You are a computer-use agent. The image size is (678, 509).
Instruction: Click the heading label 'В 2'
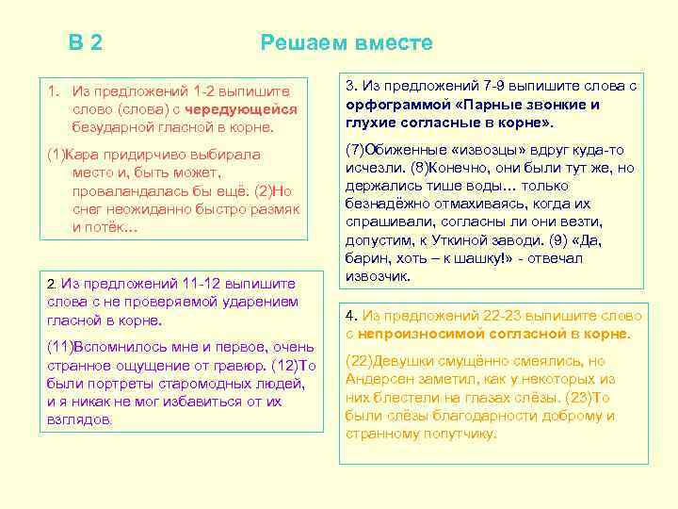86,43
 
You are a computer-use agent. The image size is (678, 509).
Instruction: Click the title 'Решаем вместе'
347,43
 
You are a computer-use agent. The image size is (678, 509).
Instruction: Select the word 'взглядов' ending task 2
79,419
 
